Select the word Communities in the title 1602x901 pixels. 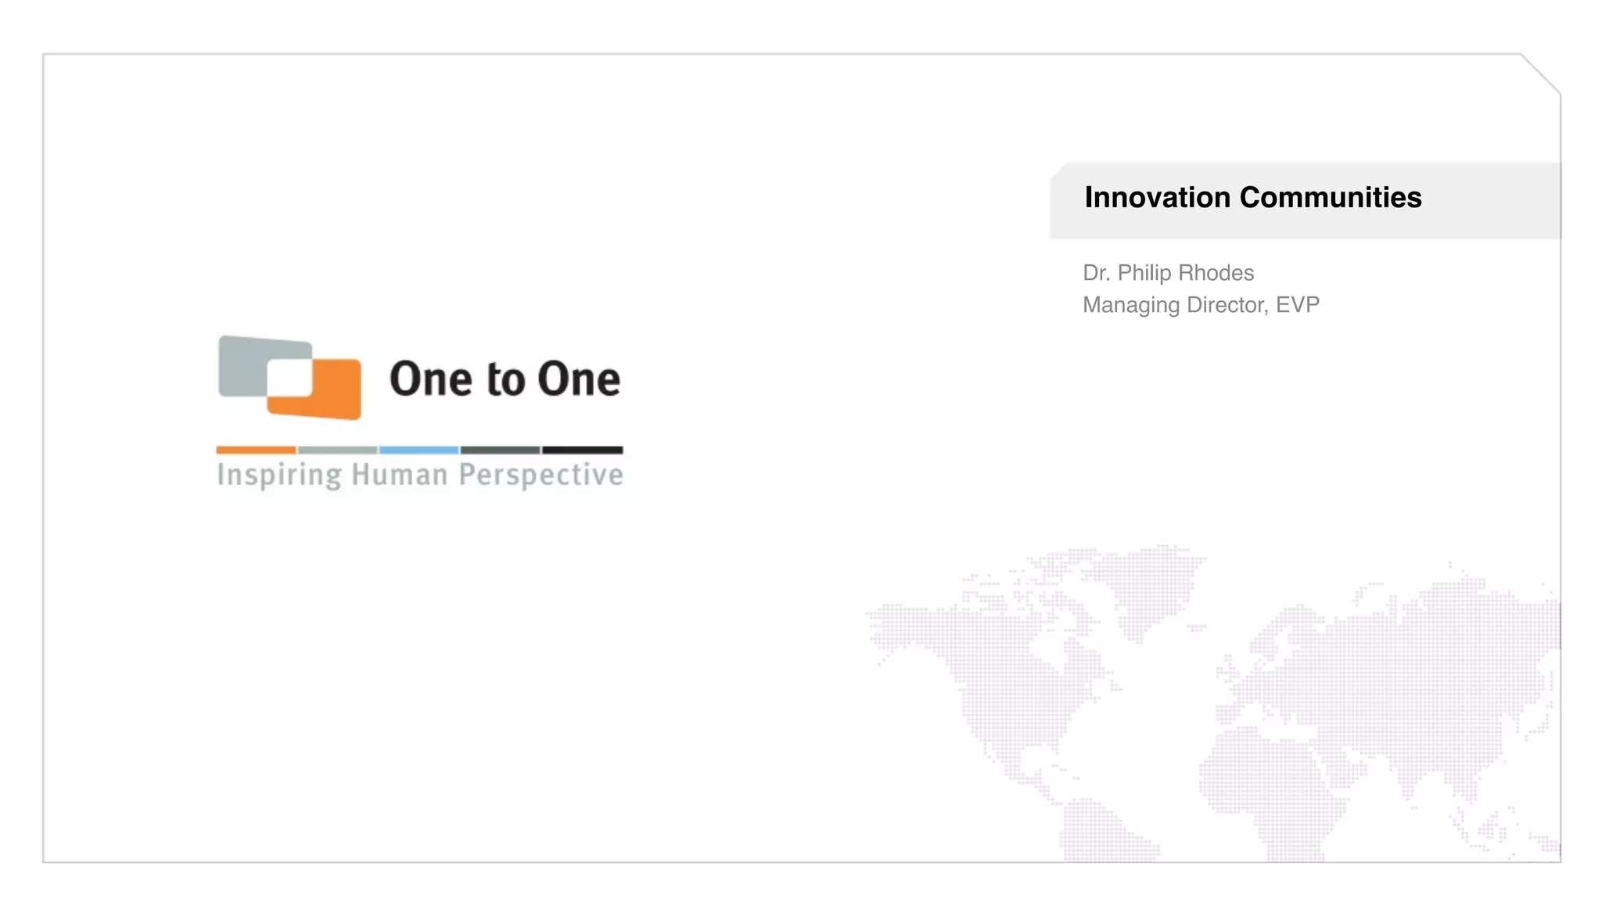click(x=1331, y=198)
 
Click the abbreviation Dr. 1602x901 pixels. click(x=1096, y=273)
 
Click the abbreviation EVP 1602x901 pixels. click(x=1298, y=305)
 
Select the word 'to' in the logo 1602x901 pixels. click(x=505, y=380)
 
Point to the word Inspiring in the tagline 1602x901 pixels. click(x=279, y=476)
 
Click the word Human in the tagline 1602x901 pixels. click(x=400, y=475)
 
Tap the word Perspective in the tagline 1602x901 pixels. click(x=541, y=476)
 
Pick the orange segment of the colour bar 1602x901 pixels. click(x=256, y=450)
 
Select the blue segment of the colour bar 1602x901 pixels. click(x=418, y=450)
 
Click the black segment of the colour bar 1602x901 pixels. click(x=583, y=450)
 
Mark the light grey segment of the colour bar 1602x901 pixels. click(x=337, y=450)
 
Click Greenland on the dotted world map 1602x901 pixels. click(x=1150, y=587)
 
